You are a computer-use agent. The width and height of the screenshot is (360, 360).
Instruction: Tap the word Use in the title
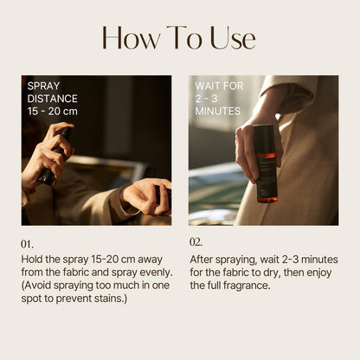click(233, 38)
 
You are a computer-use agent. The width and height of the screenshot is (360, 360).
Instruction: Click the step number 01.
click(27, 244)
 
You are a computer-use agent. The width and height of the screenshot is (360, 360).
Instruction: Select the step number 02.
click(196, 242)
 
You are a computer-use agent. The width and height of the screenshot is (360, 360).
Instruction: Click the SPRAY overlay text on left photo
click(43, 86)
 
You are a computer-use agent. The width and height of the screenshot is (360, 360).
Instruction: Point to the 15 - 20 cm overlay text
click(53, 112)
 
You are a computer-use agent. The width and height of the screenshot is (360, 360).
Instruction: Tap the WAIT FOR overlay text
click(219, 86)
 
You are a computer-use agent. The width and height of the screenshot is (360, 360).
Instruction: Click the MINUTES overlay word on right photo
click(218, 112)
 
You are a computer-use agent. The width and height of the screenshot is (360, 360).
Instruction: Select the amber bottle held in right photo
click(266, 164)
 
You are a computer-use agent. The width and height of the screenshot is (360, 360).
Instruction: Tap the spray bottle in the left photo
click(55, 156)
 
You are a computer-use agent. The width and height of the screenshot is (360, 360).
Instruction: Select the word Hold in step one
click(32, 259)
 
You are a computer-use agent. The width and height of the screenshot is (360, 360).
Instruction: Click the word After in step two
click(201, 259)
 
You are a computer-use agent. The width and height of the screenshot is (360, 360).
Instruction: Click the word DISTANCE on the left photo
click(53, 99)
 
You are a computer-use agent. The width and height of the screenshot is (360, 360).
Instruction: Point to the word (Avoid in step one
click(36, 286)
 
